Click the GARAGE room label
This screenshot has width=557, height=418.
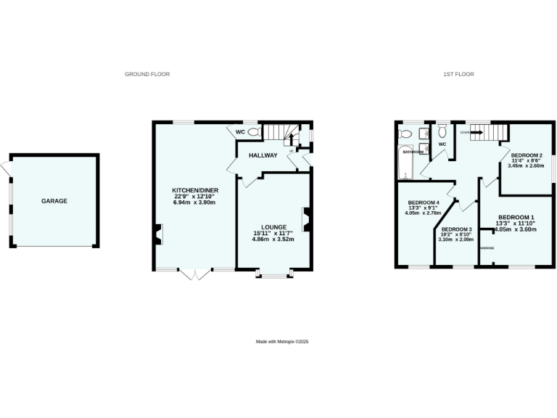54,201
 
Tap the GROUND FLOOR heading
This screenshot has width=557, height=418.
147,74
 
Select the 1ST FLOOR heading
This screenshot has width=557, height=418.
458,74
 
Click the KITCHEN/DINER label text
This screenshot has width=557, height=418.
190,190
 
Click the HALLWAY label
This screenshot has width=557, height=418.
263,155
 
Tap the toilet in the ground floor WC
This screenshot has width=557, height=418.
253,132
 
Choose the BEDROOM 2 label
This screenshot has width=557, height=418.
527,155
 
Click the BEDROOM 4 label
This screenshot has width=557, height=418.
424,202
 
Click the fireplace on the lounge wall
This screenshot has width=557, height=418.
308,219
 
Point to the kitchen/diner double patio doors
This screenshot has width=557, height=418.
194,274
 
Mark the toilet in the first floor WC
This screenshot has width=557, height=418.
442,131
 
